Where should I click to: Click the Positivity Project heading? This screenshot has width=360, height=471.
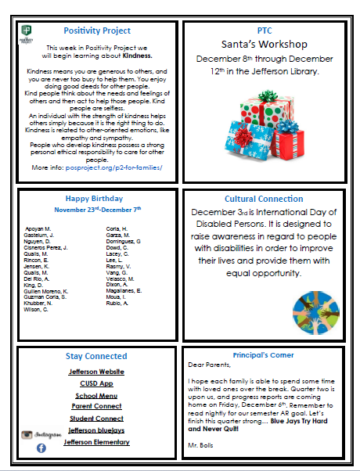[96, 32]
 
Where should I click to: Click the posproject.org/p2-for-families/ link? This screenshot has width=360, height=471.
[114, 167]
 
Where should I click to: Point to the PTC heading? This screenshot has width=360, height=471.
[264, 30]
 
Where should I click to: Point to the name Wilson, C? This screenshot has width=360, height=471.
[37, 310]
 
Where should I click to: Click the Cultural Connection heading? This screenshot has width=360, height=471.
[264, 199]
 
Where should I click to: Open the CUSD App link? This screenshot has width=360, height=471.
[96, 383]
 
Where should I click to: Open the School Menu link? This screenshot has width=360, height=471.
[96, 395]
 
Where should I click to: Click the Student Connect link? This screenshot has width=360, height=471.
[96, 418]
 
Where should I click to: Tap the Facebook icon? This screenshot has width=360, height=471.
[41, 447]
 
